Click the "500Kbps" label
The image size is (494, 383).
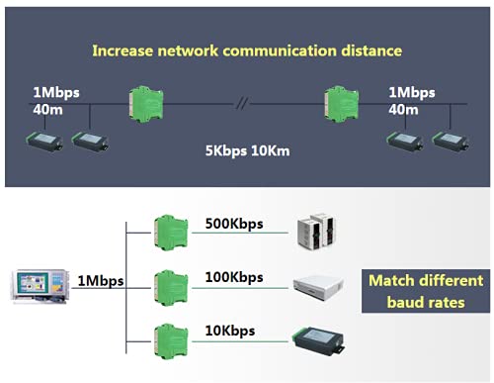(x=232, y=224)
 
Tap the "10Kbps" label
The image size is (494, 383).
(x=228, y=330)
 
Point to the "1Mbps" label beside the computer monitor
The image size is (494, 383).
(x=101, y=281)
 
